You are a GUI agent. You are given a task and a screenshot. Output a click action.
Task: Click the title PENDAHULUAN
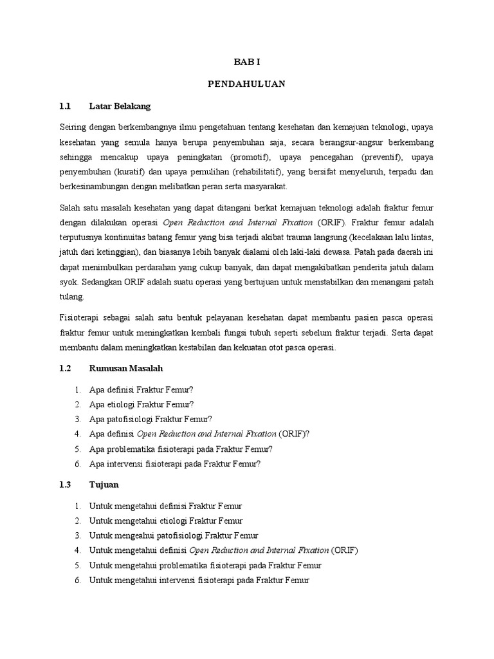pyautogui.click(x=247, y=84)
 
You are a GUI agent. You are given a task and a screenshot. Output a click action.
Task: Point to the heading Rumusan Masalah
pyautogui.click(x=127, y=368)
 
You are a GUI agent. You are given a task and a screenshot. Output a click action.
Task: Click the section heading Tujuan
pyautogui.click(x=102, y=484)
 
